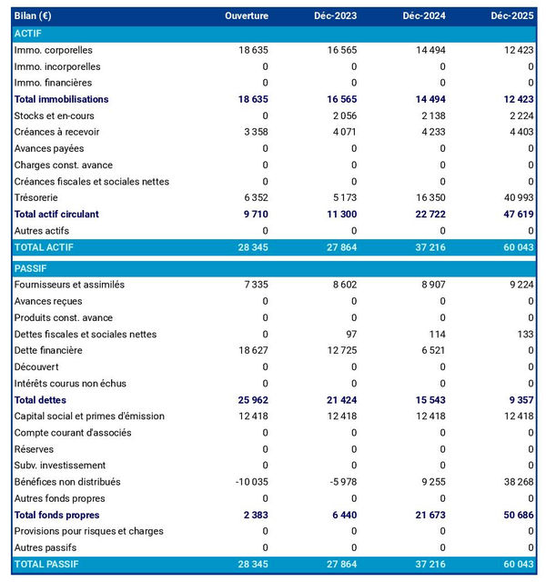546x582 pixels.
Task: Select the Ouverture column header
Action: point(247,16)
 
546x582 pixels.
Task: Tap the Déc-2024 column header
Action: point(421,16)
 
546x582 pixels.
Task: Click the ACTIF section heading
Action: point(30,34)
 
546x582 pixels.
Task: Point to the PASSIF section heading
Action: point(32,268)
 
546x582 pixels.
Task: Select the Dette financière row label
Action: point(48,350)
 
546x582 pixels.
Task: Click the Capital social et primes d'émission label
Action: point(89,416)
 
